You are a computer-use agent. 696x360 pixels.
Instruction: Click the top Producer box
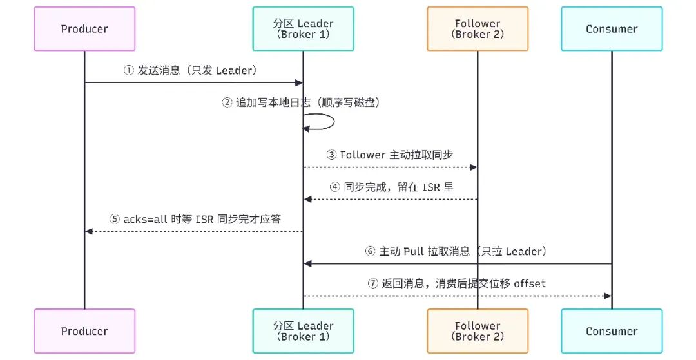click(84, 29)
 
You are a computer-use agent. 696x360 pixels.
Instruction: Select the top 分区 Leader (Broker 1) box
click(303, 29)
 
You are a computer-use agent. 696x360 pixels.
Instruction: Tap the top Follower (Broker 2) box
click(478, 29)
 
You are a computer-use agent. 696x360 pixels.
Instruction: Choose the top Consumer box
click(612, 29)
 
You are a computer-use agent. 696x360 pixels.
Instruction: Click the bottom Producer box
click(84, 331)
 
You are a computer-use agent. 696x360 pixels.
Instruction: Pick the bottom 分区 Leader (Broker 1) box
click(303, 331)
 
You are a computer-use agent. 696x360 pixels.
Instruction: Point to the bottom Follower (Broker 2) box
click(478, 331)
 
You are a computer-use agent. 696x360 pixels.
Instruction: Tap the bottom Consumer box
click(612, 331)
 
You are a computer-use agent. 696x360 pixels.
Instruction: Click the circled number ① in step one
click(128, 70)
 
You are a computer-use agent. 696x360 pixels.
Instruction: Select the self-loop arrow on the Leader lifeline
click(333, 122)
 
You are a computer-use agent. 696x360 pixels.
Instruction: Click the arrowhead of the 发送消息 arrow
click(299, 82)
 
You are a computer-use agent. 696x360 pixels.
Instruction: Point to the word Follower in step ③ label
click(362, 155)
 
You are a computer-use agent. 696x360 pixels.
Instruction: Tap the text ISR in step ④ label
click(430, 187)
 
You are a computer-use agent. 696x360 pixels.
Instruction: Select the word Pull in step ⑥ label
click(414, 251)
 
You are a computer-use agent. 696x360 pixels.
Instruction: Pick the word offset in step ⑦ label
click(530, 283)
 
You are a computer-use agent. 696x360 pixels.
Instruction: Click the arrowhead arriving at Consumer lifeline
click(608, 296)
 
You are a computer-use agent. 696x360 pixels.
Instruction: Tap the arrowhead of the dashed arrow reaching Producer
click(89, 231)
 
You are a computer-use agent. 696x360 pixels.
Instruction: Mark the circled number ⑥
click(370, 251)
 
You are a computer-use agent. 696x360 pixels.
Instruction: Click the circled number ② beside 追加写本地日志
click(227, 103)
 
